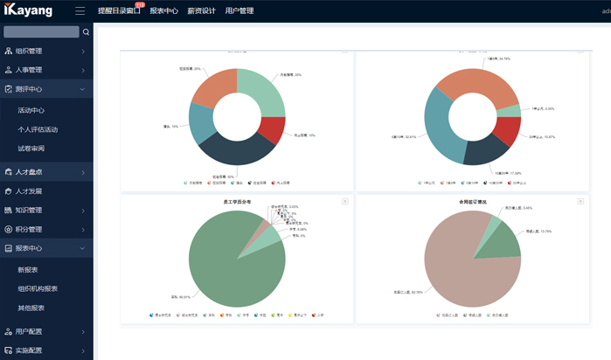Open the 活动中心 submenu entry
coord(31,110)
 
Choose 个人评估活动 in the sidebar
coord(38,129)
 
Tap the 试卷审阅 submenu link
coord(31,149)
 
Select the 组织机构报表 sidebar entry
coord(38,288)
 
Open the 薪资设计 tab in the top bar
coord(200,11)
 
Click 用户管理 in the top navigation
coord(239,11)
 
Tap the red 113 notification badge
coord(140,5)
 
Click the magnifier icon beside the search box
coord(86,32)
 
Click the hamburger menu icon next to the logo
coord(80,11)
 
